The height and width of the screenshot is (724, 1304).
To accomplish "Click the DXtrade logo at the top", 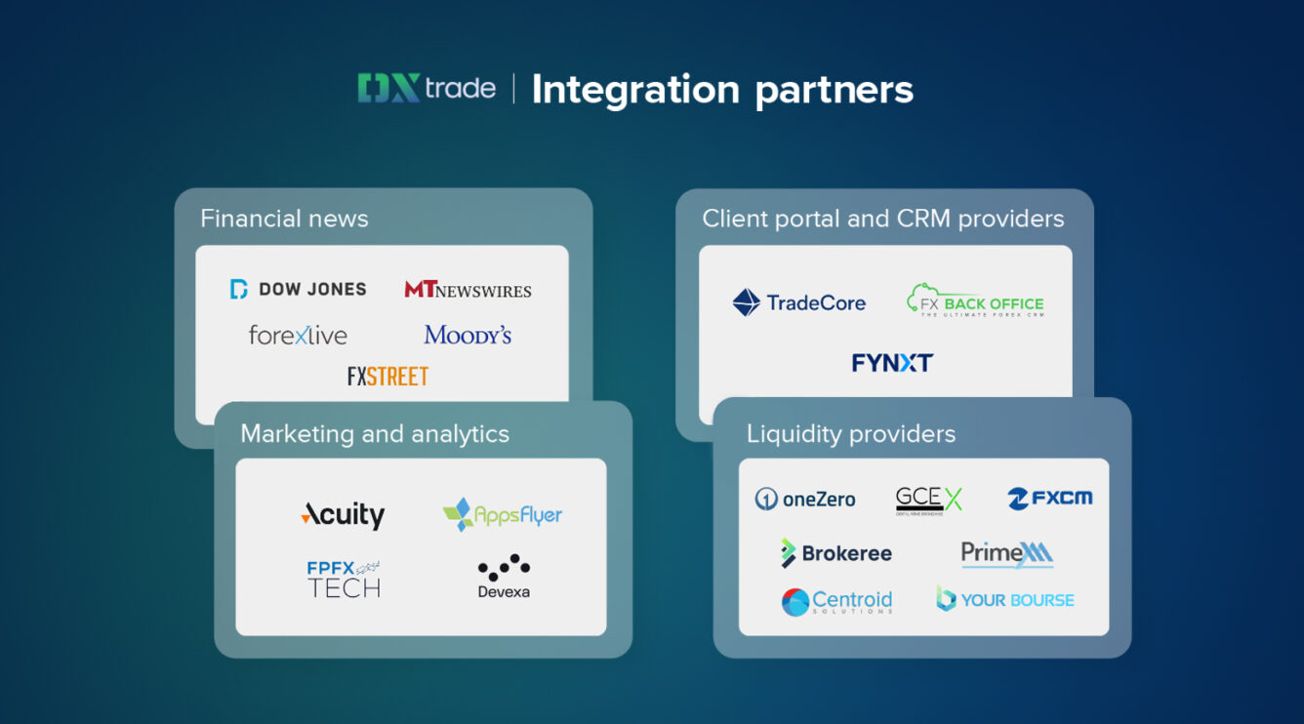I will click(427, 89).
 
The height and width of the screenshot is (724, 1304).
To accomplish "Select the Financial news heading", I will click(284, 219).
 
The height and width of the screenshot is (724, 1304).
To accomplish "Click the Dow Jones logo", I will click(299, 289).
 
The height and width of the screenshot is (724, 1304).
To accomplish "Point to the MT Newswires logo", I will click(469, 290).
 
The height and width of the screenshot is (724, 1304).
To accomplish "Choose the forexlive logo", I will click(298, 336).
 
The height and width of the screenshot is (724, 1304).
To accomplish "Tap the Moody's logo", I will click(468, 336).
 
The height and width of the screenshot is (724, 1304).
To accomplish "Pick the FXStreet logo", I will click(387, 376).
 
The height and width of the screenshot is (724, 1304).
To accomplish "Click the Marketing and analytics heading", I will click(375, 434).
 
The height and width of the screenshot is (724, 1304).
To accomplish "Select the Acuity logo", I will click(343, 514).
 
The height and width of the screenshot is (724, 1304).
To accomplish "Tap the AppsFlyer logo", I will click(503, 514).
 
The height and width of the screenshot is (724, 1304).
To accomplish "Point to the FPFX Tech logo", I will click(344, 578).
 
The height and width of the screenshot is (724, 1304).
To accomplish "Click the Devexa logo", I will click(504, 577).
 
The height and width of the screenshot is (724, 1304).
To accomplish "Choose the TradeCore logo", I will click(799, 302).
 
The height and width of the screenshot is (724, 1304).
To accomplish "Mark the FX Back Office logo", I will click(975, 302).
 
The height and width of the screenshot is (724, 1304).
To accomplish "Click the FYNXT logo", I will click(892, 363).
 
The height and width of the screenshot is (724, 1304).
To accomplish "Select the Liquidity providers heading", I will click(851, 434).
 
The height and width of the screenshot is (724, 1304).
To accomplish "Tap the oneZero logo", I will click(805, 500).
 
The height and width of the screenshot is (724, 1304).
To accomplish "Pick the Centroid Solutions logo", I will click(836, 601).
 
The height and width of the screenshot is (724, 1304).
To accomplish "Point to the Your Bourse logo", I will click(1005, 600).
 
